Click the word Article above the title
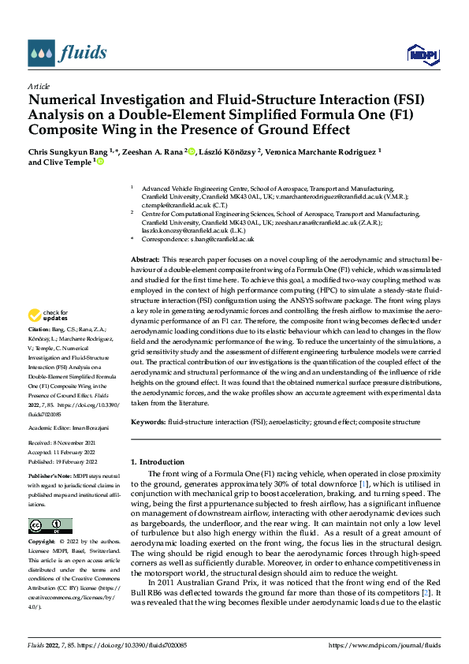(39, 86)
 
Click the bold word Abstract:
(145, 259)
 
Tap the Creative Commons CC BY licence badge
(50, 526)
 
